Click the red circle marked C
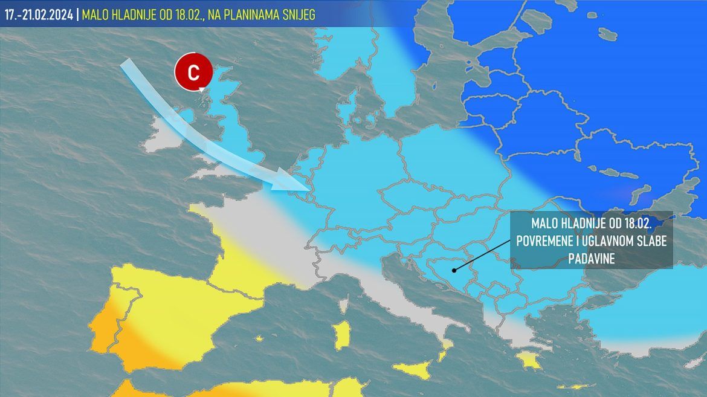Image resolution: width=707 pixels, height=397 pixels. (x=193, y=73)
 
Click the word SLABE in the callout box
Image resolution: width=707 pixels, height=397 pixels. (x=651, y=241)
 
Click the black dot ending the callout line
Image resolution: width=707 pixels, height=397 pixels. (x=453, y=270)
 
